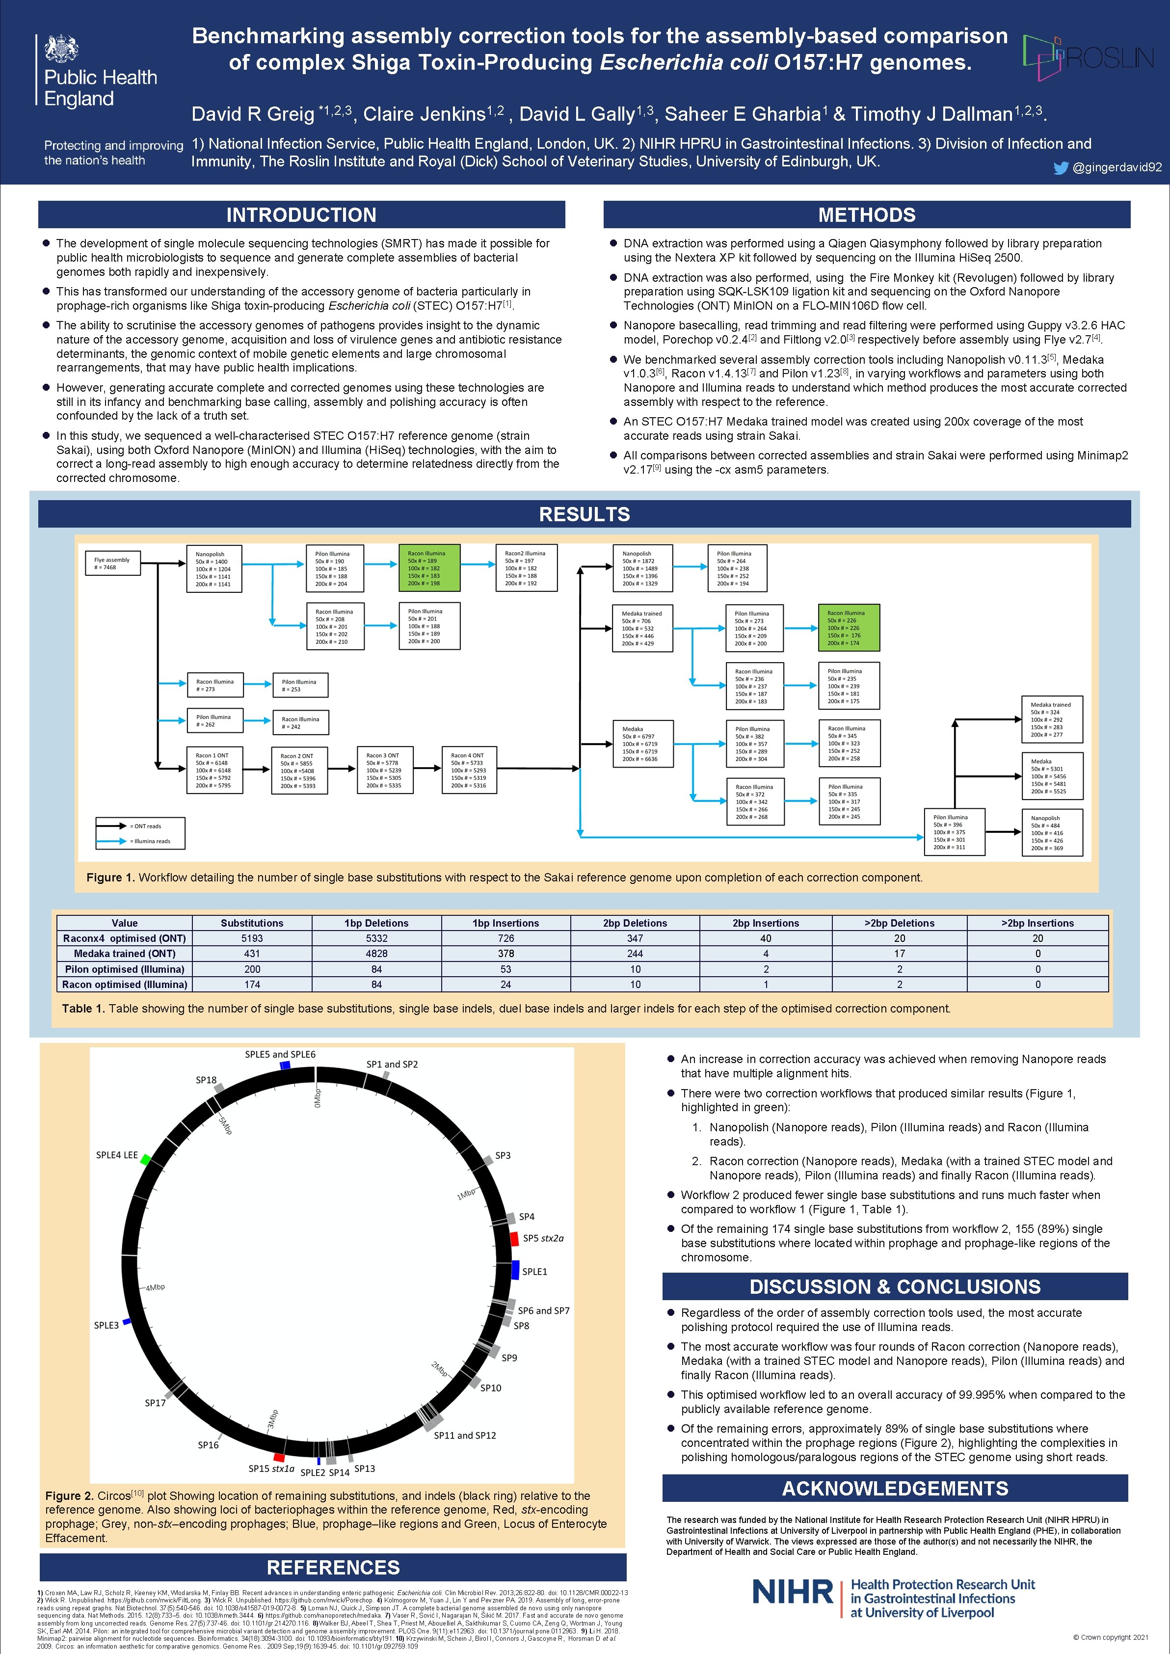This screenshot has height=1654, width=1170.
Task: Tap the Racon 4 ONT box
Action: [468, 770]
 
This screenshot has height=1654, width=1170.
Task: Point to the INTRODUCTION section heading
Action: [301, 214]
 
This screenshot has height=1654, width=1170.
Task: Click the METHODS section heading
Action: [866, 214]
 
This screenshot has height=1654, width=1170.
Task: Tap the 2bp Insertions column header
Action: [765, 923]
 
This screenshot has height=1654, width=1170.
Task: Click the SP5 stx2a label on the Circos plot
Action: [543, 1238]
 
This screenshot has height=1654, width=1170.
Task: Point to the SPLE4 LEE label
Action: [117, 1155]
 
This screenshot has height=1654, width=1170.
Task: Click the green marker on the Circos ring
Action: [146, 1160]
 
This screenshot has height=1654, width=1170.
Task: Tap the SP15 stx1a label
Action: [271, 1468]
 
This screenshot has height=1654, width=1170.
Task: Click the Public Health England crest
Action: [61, 49]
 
